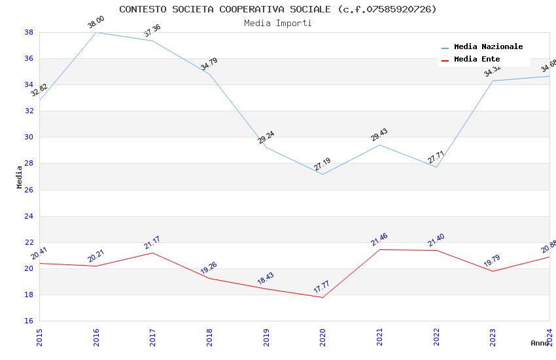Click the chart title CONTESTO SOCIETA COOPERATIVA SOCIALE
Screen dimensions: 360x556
tap(277, 9)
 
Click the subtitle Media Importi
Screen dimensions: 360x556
tap(277, 24)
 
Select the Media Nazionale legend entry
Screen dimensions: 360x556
tap(488, 47)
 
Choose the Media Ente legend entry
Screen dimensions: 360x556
tap(477, 60)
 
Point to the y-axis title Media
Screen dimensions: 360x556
tap(20, 177)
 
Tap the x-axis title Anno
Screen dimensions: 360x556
tap(540, 343)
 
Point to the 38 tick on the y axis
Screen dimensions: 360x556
tap(29, 32)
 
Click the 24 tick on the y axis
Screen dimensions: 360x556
tap(29, 216)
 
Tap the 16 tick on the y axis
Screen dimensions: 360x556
tap(29, 321)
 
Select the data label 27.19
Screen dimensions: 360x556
tap(322, 164)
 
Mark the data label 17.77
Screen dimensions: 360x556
tap(322, 287)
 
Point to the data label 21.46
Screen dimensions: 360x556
tap(379, 240)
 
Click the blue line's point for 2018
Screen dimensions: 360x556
tap(209, 74)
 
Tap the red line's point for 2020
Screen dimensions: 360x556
tap(322, 298)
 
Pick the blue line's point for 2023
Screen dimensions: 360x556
tap(493, 81)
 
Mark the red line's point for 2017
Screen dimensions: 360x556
tap(152, 253)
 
